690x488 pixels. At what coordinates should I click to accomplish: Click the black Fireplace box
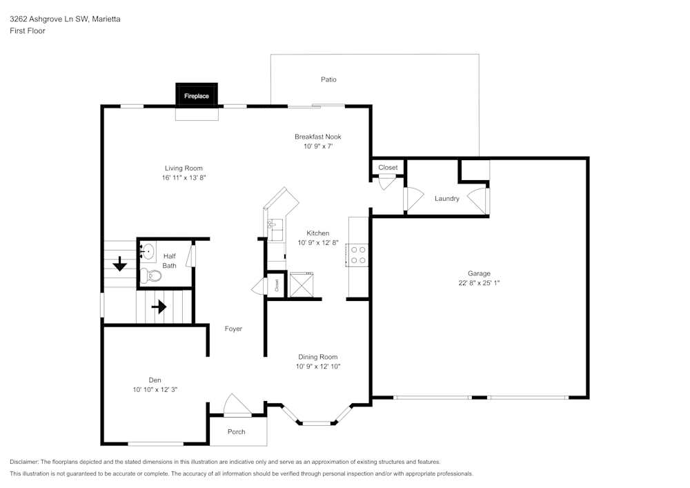point(197,95)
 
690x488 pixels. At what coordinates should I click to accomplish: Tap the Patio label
point(328,79)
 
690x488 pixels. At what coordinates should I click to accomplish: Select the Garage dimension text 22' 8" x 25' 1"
point(479,283)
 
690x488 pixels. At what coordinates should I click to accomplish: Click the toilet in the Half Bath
point(151,277)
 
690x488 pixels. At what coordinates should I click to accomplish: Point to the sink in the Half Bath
point(148,251)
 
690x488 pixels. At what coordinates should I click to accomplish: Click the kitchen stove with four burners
point(358,255)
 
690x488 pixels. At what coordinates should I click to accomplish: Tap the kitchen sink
point(275,226)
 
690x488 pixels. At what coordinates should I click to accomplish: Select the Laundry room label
point(447,199)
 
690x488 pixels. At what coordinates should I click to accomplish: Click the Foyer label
point(233,329)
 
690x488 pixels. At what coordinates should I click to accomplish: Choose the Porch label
point(237,432)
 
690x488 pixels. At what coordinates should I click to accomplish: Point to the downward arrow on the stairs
point(120,263)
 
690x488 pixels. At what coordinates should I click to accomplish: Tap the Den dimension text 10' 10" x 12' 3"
point(155,389)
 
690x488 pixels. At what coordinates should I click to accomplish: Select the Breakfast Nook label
point(318,137)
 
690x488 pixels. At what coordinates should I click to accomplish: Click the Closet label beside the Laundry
point(388,168)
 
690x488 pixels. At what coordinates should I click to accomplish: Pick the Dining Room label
point(318,357)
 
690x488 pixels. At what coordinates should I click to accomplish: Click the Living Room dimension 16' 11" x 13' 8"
point(184,177)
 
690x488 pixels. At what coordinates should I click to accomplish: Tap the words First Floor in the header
point(28,31)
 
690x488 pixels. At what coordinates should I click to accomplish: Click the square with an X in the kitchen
point(302,284)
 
